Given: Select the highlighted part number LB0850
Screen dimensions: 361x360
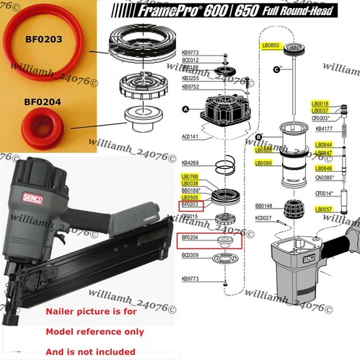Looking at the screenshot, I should click(271, 45).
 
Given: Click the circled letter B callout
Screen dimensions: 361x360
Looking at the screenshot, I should click(259, 136).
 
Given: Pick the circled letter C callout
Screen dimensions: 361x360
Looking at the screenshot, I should click(277, 69).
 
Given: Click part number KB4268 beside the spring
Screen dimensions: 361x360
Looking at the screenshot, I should click(190, 162).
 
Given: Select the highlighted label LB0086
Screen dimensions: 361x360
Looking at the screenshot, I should click(263, 164).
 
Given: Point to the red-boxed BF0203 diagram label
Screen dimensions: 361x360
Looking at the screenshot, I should click(190, 206).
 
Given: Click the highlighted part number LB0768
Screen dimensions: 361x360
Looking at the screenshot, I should click(190, 176).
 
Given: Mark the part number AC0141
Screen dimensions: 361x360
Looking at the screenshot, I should click(190, 136).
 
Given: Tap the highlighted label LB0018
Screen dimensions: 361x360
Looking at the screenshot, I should click(320, 103).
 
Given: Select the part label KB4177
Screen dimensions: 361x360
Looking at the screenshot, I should click(325, 129).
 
